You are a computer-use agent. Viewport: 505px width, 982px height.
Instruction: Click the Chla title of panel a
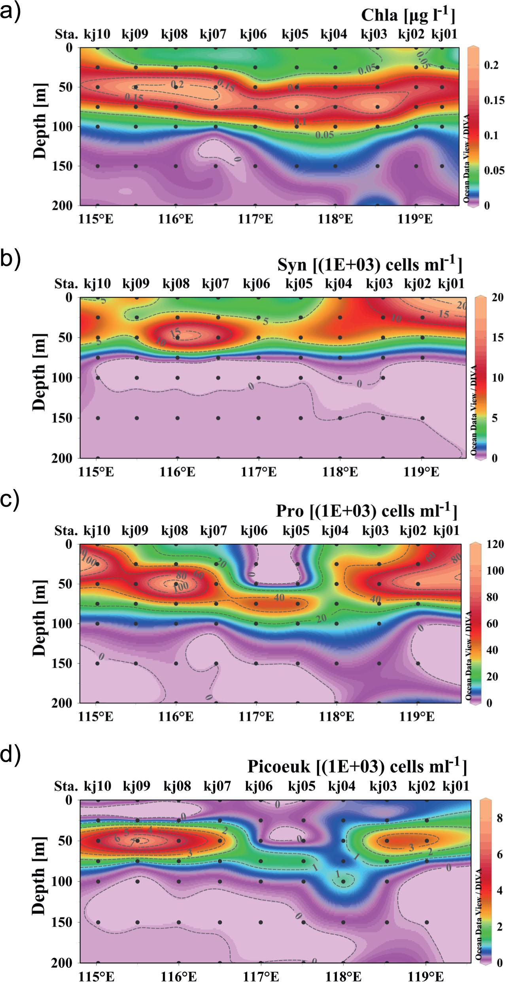click(x=408, y=16)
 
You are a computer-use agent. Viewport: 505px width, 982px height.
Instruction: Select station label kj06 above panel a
click(x=253, y=35)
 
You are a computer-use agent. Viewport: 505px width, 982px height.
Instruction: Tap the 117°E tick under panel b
click(x=258, y=472)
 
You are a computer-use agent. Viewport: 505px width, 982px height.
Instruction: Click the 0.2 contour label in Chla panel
click(x=178, y=85)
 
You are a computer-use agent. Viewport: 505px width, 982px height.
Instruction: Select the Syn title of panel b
click(x=369, y=265)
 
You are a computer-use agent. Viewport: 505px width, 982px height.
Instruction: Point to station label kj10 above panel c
click(x=96, y=531)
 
